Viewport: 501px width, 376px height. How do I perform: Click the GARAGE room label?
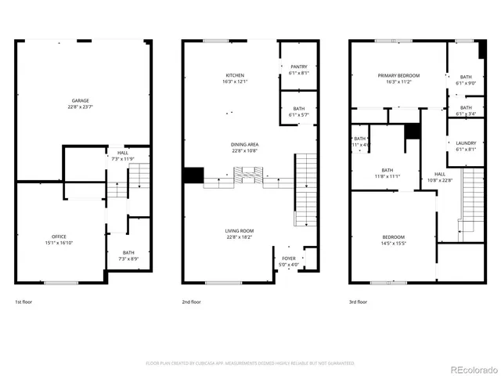tap(81, 100)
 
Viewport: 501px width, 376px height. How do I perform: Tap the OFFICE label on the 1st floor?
tap(58, 236)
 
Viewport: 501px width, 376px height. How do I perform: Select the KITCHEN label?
tap(236, 75)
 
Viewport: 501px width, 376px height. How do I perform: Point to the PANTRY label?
tap(299, 67)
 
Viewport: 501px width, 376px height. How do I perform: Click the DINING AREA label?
tap(245, 144)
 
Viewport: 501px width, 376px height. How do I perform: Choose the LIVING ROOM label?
tap(240, 230)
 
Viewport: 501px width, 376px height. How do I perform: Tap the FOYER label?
tap(290, 258)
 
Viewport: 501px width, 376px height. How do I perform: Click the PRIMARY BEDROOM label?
tap(398, 75)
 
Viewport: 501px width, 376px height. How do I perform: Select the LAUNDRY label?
tap(466, 143)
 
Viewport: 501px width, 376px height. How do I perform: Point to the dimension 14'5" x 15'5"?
tap(394, 243)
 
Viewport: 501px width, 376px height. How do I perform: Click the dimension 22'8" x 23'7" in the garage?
tap(81, 107)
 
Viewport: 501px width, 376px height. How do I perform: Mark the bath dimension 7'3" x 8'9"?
tap(128, 258)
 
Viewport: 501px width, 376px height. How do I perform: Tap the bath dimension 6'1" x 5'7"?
tap(299, 115)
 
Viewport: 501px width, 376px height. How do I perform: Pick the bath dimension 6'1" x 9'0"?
tap(466, 83)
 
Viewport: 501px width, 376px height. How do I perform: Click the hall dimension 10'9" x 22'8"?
tap(440, 179)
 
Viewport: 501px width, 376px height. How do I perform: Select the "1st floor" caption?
tap(24, 302)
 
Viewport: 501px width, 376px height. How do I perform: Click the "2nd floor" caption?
tap(193, 302)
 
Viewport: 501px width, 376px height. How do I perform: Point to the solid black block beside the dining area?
tap(193, 175)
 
